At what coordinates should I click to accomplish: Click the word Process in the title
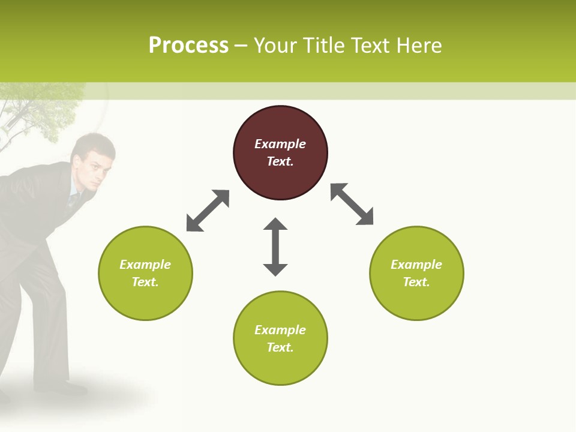188,46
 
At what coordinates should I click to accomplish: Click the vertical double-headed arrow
275,247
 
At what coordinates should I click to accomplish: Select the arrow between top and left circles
208,211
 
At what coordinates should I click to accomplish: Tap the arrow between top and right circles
352,204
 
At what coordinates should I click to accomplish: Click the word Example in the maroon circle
280,144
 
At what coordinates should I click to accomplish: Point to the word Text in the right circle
416,282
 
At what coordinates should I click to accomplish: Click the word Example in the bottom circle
280,330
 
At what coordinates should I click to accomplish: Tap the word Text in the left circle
145,282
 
